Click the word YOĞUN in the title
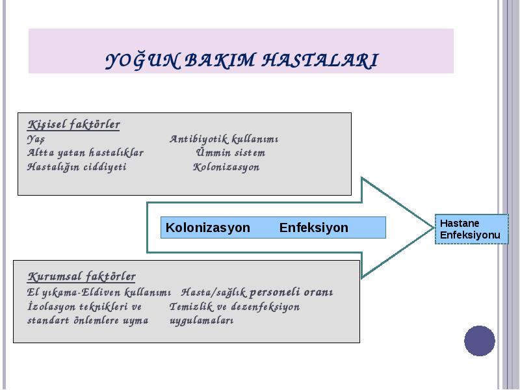143,60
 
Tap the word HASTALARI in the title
320,60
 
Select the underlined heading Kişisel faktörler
73,125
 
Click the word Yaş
36,139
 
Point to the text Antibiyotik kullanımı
224,139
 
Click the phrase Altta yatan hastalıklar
85,153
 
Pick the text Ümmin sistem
231,153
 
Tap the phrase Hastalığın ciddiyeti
77,167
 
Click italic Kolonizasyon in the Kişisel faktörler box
226,167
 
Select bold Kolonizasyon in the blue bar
208,228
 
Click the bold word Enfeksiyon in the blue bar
314,228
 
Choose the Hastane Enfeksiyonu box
472,229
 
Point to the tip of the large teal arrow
434,228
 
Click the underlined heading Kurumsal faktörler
82,277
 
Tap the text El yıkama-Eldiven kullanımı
99,292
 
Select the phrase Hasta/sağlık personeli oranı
257,292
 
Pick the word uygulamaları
201,320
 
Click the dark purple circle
480,341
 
